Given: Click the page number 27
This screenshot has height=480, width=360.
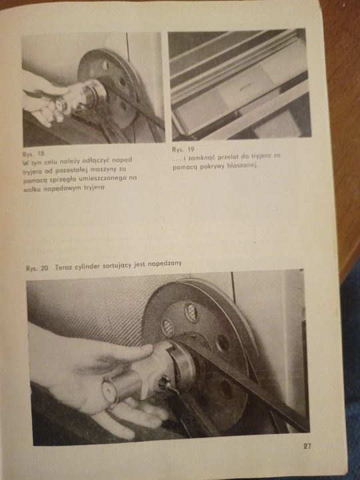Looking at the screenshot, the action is pos(307,446).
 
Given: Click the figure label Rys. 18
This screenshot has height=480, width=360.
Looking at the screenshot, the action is pos(33,153).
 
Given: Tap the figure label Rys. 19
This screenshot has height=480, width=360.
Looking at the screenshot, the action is pos(183,150).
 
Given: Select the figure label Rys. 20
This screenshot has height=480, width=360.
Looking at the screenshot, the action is pos(37,268).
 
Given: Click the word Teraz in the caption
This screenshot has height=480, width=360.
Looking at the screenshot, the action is pos(64,267).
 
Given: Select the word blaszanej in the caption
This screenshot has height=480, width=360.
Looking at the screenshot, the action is pos(243,165).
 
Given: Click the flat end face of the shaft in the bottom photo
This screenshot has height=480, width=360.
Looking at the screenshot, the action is pos(109,393).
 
